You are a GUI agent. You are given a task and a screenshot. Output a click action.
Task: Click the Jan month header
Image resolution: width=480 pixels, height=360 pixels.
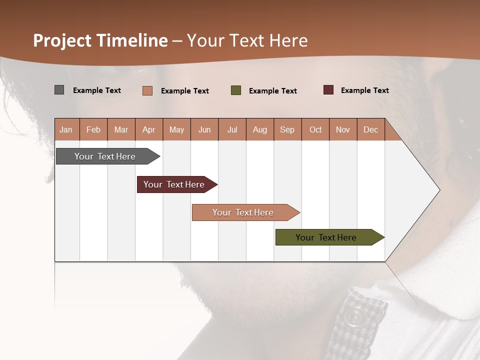(66, 129)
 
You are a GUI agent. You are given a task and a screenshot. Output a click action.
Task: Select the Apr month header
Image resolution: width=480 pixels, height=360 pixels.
(148, 129)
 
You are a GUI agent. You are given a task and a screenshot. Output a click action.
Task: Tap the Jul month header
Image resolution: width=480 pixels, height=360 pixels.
(232, 129)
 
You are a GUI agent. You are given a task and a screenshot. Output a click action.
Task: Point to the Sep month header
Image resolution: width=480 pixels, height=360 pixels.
(287, 129)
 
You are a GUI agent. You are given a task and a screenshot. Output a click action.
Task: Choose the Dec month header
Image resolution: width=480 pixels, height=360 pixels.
(370, 129)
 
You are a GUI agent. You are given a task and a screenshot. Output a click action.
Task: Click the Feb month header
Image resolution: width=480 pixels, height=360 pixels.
(93, 129)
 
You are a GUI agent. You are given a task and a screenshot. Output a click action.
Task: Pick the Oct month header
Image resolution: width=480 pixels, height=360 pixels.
(315, 129)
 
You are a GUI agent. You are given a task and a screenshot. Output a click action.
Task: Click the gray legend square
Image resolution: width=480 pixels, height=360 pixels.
(59, 90)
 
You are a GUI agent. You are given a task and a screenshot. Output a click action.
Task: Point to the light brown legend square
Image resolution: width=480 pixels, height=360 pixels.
(147, 90)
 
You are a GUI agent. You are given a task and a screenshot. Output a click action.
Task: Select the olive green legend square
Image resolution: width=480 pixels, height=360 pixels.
(236, 90)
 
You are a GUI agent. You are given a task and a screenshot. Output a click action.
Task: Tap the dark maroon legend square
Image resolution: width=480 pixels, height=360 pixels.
(328, 90)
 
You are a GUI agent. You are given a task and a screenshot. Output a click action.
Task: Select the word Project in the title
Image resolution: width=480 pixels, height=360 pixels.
(62, 40)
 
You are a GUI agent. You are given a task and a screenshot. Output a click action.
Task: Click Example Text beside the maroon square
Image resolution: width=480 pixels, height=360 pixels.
(364, 90)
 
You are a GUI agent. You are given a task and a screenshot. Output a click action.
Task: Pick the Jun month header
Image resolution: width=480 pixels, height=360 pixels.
(204, 129)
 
